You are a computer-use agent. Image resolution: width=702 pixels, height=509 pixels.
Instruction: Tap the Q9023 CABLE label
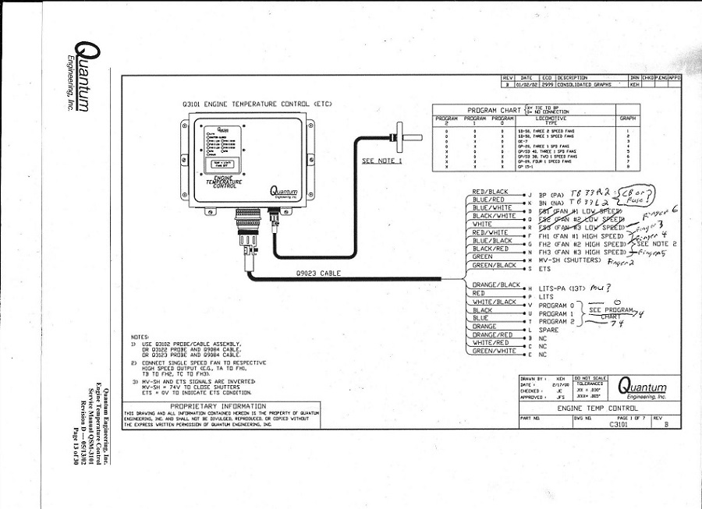click(318, 273)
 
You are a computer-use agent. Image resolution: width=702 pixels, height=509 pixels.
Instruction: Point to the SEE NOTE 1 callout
click(381, 161)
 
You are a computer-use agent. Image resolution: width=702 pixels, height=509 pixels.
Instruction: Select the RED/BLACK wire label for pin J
click(490, 192)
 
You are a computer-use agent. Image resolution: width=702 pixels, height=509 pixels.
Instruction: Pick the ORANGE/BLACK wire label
click(496, 285)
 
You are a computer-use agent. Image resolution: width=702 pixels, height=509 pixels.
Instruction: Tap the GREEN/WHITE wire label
click(495, 351)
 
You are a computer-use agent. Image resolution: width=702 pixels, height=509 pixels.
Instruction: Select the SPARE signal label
click(549, 330)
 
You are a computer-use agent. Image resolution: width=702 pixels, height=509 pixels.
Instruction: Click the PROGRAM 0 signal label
click(556, 305)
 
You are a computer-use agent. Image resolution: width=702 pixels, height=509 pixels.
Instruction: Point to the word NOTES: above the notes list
click(140, 336)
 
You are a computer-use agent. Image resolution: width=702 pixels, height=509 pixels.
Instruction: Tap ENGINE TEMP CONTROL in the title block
click(597, 408)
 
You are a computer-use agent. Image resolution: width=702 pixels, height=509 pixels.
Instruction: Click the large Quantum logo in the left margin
click(80, 77)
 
